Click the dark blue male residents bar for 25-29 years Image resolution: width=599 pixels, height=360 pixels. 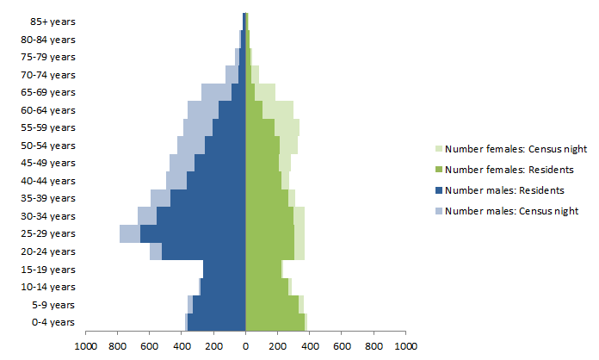193,233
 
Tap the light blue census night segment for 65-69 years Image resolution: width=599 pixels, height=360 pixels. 216,92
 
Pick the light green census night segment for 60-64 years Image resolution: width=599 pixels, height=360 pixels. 277,109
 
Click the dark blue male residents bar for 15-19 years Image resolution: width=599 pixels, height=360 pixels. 224,269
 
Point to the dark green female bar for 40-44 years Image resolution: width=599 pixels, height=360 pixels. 263,180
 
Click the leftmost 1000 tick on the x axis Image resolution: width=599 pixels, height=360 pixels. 85,346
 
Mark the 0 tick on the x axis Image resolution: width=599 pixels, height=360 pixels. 245,346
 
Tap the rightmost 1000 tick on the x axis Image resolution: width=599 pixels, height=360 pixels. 405,346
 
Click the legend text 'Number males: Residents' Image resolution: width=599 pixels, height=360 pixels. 504,190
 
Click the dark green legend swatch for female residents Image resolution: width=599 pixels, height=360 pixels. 438,170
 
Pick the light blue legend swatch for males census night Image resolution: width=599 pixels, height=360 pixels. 438,211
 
